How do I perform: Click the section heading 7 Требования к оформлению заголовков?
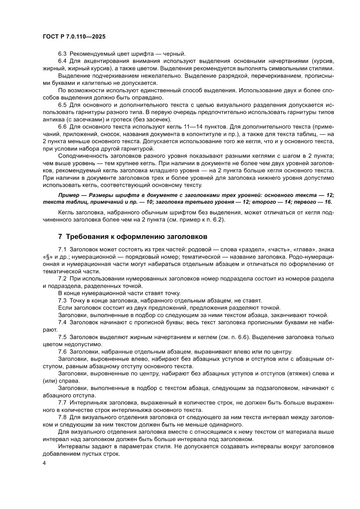click(x=132, y=236)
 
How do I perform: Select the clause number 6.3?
click(x=63, y=52)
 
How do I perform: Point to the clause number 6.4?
click(x=63, y=61)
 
